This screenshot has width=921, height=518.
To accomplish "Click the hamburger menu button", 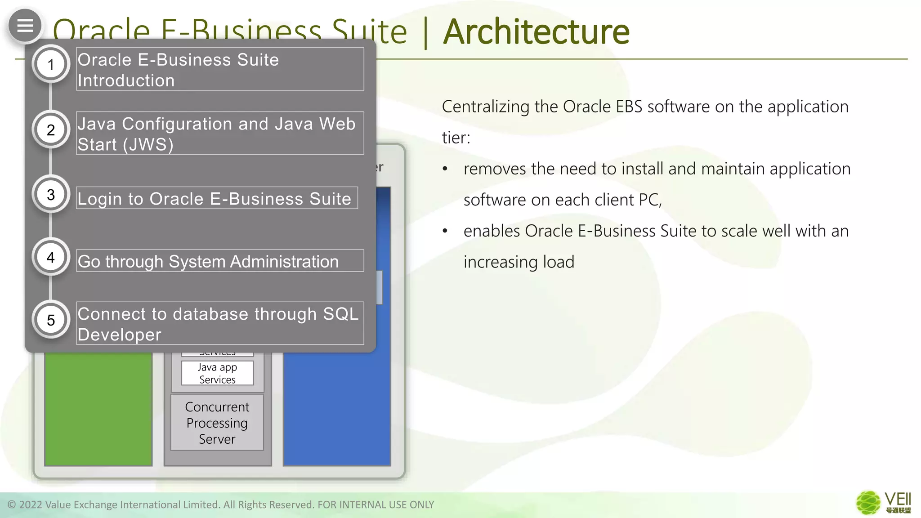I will pos(25,26).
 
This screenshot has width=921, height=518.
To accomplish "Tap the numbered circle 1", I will pos(51,65).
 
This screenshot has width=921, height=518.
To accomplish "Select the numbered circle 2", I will pos(51,130).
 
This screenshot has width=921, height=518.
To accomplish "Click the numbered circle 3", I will pos(51,195).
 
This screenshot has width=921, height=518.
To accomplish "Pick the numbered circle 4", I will pos(51,257).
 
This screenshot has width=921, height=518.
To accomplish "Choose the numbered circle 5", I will pos(51,320).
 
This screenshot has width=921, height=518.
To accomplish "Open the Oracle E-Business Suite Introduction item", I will pos(220,70).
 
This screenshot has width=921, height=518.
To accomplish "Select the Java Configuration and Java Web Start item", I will pos(220,134).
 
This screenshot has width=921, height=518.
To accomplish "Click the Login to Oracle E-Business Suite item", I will pos(217,198).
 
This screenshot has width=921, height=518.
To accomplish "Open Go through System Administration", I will pos(220,261).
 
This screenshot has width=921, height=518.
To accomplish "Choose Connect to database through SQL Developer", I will pos(220,324).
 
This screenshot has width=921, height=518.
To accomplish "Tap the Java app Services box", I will pos(217,373).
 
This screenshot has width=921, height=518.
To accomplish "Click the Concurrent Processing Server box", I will pos(217,423).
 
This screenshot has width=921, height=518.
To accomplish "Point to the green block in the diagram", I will pos(98,409).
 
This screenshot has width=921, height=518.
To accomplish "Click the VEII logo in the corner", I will pos(883,502).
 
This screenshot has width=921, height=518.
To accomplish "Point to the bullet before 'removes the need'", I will pos(445,169).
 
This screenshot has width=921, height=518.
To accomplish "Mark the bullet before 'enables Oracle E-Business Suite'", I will pos(445,231).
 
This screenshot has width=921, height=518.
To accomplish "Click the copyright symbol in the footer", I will pos(12,505).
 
